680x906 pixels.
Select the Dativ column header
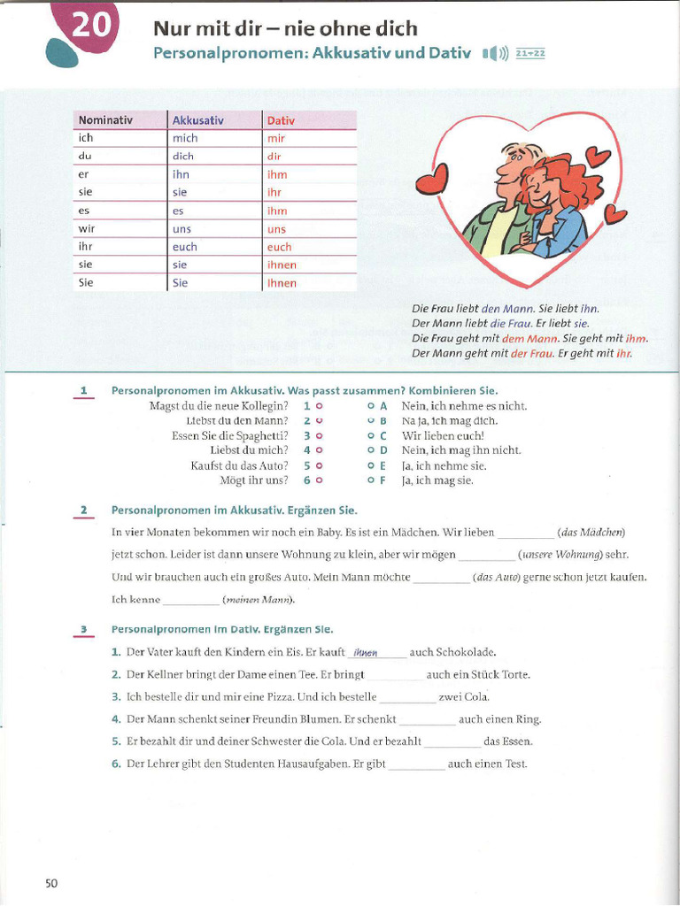(281, 120)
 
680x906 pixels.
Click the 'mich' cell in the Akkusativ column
(185, 138)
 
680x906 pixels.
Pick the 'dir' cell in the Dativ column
(274, 156)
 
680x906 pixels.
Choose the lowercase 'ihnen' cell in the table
(282, 265)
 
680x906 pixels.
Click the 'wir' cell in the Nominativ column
(86, 228)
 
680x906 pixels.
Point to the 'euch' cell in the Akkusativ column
(185, 247)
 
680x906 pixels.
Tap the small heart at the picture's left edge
(432, 181)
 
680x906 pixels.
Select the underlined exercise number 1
(83, 390)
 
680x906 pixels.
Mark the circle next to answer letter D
(371, 450)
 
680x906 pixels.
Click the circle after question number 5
(319, 465)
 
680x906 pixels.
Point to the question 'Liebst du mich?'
(249, 450)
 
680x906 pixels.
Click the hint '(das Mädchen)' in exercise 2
(591, 532)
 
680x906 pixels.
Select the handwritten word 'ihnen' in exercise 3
(365, 653)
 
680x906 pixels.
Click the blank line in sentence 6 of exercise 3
(416, 765)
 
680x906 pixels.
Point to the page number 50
(51, 883)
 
